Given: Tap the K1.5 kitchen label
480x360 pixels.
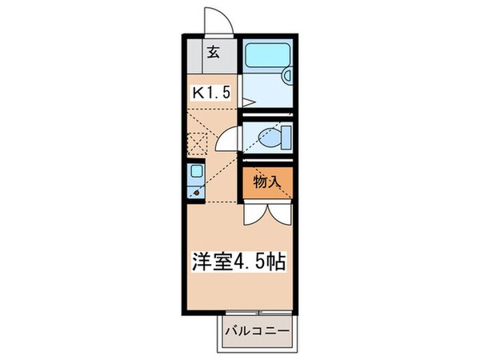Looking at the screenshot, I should [210, 91].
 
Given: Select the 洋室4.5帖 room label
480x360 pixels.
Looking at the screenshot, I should [238, 261].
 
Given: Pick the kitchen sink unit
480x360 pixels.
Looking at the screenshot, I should [196, 181].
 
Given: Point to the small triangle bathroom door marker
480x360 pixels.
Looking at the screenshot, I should [247, 102].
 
